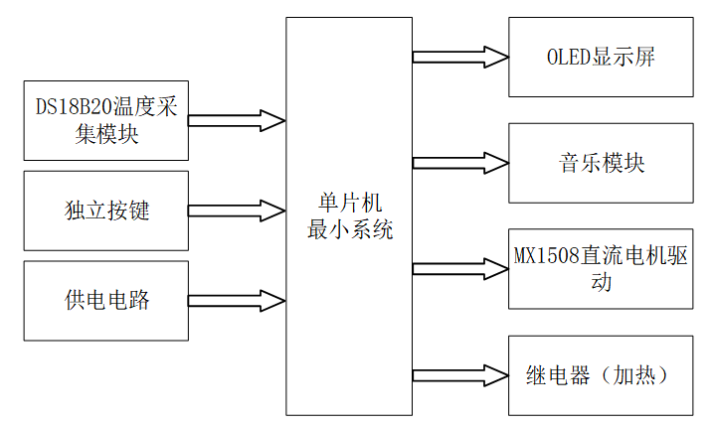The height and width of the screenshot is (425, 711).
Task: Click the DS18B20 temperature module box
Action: [x=105, y=121]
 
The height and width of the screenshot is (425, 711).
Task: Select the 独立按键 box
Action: [x=105, y=211]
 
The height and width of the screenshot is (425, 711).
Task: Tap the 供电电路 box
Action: [x=105, y=300]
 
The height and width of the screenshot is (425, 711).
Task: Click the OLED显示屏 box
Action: [x=601, y=57]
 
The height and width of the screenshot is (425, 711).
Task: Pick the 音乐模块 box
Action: [x=601, y=163]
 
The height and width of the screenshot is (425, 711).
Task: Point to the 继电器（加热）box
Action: [x=601, y=375]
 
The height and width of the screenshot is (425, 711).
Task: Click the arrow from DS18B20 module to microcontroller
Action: [x=237, y=121]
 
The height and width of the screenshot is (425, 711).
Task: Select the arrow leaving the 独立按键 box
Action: [x=237, y=211]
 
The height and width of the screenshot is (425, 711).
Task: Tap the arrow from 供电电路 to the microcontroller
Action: [x=237, y=300]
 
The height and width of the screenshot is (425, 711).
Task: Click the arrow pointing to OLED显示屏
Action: [x=459, y=57]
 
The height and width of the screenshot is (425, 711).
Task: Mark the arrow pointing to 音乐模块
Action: [x=459, y=163]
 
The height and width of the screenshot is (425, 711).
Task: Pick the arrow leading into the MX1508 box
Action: [x=459, y=268]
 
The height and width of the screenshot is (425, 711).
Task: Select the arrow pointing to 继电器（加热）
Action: [x=459, y=375]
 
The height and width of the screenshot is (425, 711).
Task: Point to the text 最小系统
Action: [x=350, y=230]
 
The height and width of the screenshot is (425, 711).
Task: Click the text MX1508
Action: [x=546, y=256]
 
